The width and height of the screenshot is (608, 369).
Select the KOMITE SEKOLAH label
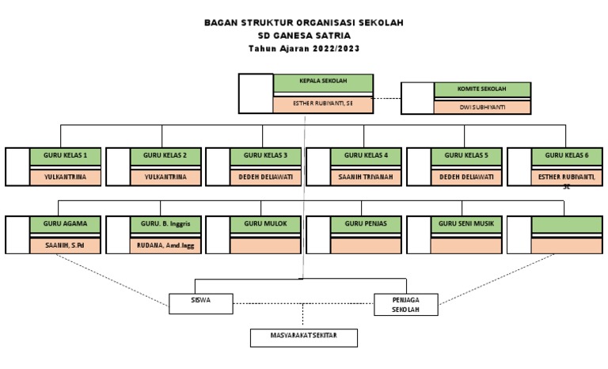point(482,89)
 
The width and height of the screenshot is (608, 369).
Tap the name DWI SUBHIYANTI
point(482,106)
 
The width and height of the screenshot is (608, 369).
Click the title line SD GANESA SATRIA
point(304,36)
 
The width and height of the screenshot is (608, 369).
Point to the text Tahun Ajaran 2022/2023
point(304,48)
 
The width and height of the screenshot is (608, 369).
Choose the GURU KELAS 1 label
point(66,154)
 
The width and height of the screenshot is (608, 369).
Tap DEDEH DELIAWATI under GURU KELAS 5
point(467,177)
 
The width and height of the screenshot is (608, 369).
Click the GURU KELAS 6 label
point(567,154)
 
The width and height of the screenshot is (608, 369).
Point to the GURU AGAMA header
point(66,224)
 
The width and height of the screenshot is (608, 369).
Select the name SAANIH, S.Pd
point(66,245)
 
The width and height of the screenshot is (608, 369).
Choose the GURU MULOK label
point(266,224)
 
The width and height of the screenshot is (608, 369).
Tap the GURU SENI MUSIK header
point(467,224)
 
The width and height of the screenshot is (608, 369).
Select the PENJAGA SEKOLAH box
point(406,304)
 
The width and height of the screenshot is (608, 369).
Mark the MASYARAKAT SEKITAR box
point(304,338)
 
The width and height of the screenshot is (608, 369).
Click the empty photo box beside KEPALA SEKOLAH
point(256,93)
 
